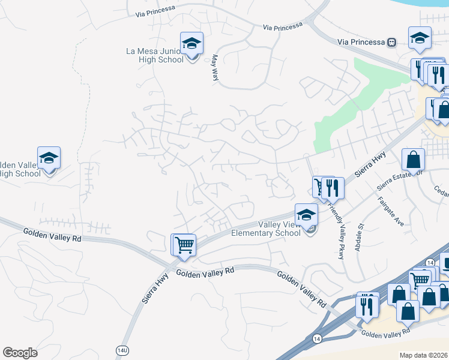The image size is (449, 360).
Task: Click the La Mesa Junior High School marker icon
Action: (191, 44)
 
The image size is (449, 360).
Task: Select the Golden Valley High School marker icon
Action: (49, 158)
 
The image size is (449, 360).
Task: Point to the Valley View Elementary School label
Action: (279, 229)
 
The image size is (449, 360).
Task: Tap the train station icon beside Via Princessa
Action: (392, 42)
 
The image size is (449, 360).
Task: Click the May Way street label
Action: (214, 68)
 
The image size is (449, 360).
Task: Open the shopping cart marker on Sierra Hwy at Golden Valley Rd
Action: (184, 244)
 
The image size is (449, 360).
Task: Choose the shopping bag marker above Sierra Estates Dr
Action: (413, 160)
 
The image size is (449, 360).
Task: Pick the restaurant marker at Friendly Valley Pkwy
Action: (333, 188)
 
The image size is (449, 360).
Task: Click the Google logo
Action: (20, 352)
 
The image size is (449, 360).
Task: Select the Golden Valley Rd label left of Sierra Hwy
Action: (52, 235)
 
